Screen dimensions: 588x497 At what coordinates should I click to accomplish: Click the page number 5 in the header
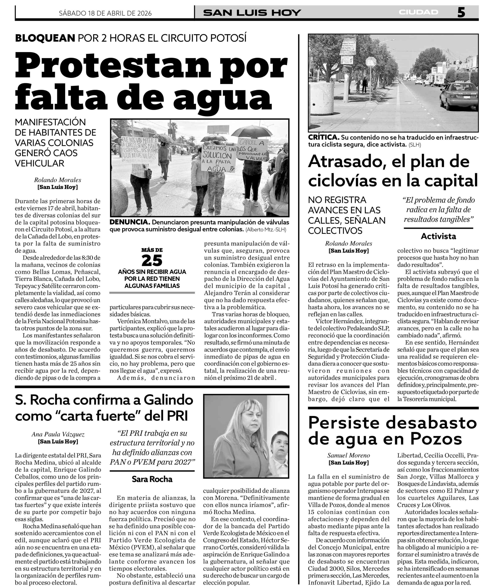click(461, 13)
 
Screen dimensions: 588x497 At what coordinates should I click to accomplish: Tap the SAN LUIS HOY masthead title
click(252, 13)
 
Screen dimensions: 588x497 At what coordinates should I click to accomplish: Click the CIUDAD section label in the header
click(419, 12)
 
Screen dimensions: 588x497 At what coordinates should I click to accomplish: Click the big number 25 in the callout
click(152, 260)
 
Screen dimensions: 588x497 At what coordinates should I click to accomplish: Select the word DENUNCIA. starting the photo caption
click(129, 222)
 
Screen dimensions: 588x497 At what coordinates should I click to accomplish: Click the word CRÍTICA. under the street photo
click(323, 138)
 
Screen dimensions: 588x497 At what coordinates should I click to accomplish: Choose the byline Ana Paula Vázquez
click(58, 434)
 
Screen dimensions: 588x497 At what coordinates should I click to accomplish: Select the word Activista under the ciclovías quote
click(438, 236)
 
